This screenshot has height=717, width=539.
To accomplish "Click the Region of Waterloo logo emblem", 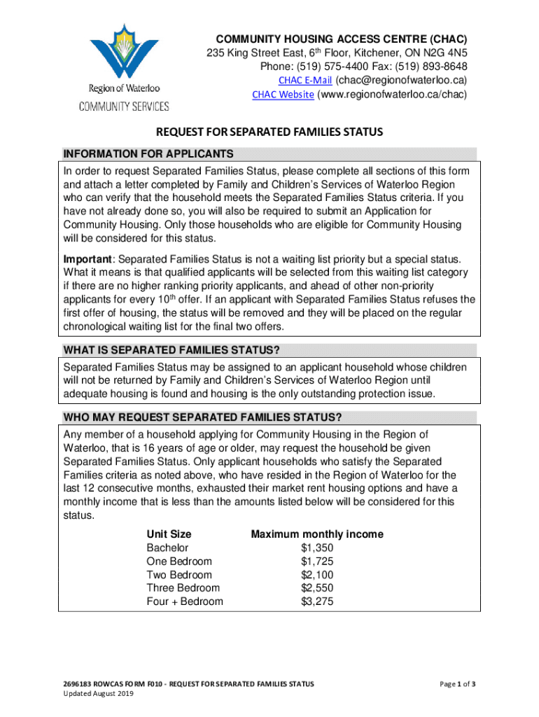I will pos(124,53).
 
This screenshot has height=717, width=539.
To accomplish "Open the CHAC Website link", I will pos(283,95).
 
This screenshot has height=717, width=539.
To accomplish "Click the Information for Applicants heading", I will pos(148,154).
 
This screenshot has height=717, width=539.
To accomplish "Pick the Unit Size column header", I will pos(169,534).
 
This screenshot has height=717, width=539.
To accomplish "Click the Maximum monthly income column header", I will pos(317,534).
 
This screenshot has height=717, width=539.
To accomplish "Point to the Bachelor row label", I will pos(167,548).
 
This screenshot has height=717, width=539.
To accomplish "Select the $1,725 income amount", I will pos(317,561).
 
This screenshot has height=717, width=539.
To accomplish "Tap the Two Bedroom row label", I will pos(178,574).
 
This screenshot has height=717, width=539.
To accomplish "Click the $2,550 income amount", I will pos(317,587).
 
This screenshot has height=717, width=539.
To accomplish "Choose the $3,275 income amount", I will pos(317,601).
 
